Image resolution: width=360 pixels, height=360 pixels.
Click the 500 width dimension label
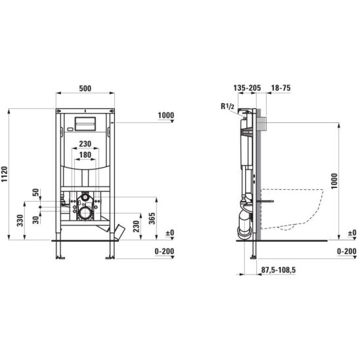coord(85,89)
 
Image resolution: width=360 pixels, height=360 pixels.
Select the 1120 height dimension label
coord(5,174)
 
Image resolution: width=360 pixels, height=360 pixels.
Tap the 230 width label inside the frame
coord(85,144)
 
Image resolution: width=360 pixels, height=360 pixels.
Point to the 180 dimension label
coord(85,155)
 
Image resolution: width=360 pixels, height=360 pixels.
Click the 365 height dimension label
coord(152,218)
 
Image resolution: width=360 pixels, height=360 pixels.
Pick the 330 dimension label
coord(20,221)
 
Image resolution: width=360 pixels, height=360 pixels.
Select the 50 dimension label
coord(35,192)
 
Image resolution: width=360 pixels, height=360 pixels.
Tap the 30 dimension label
coord(35,220)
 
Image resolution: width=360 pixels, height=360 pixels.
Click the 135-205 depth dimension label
coord(247,88)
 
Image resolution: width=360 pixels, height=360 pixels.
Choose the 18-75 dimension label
coord(281,88)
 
